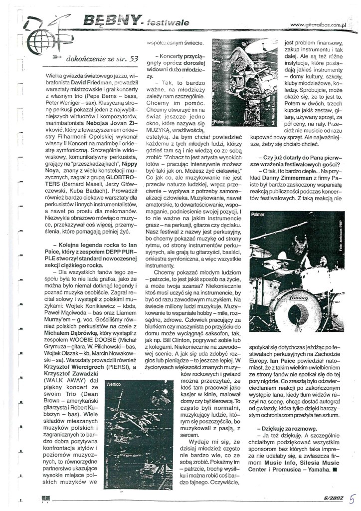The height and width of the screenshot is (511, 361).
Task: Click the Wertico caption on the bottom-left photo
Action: click(114, 385)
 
